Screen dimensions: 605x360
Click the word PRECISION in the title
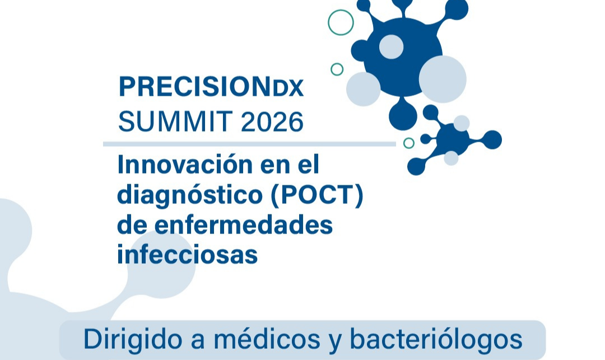194,86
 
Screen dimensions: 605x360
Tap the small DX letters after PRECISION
288,88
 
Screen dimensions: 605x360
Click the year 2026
272,121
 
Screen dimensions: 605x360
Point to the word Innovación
185,164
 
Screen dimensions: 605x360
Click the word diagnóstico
190,195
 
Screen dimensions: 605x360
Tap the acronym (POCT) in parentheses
317,195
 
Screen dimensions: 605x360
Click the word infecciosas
187,254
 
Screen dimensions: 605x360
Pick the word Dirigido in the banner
133,340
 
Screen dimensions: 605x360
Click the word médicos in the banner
267,339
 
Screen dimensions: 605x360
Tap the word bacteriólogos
436,340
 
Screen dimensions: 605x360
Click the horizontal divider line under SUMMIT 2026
249,144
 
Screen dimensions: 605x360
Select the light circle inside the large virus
391,46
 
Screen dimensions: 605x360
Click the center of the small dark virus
453,139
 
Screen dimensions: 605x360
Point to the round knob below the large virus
403,116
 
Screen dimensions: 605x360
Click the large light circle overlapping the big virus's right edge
443,79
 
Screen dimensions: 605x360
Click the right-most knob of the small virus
492,139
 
